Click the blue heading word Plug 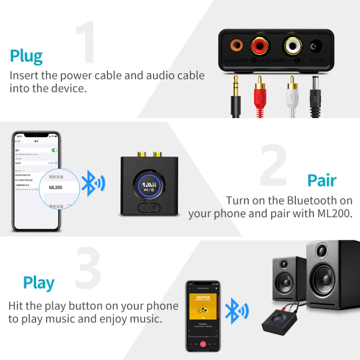click(x=26, y=56)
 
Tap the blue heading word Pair click(x=322, y=181)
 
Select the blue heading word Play click(x=39, y=283)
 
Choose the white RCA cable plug click(x=291, y=90)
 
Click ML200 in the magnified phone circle click(x=56, y=187)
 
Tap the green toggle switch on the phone click(x=55, y=150)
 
